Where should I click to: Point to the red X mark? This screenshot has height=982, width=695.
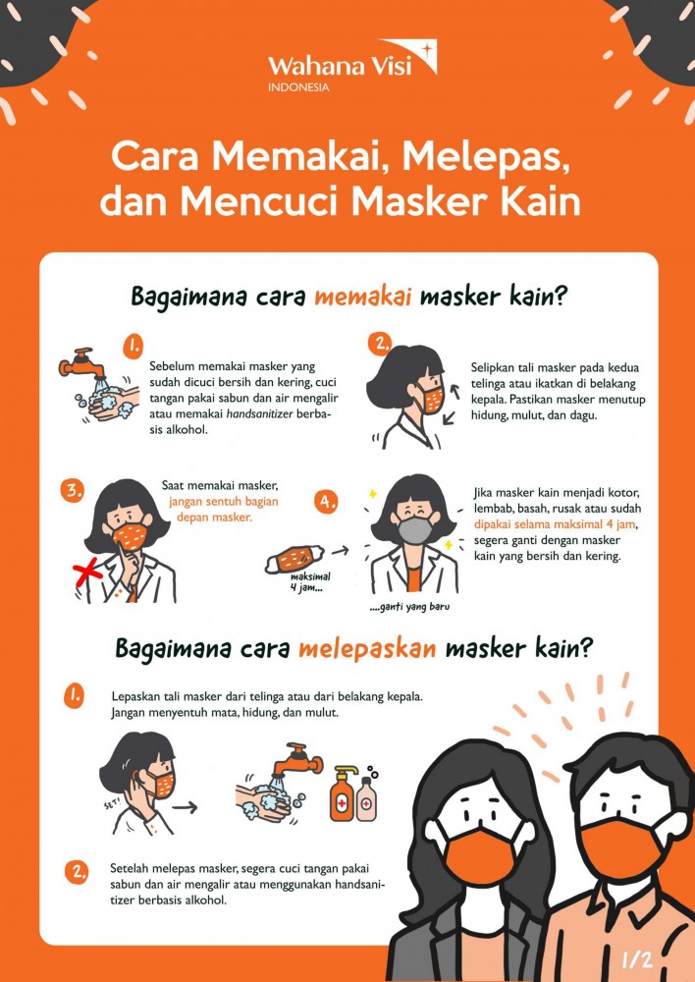[x=89, y=573]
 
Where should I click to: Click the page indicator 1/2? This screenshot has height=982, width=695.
[x=637, y=956]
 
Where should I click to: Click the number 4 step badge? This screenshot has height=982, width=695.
[x=327, y=502]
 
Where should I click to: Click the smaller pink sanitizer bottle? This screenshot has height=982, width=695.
[x=367, y=800]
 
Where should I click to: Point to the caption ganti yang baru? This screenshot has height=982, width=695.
[x=409, y=607]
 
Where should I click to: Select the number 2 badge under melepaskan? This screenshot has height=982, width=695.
[x=75, y=871]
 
